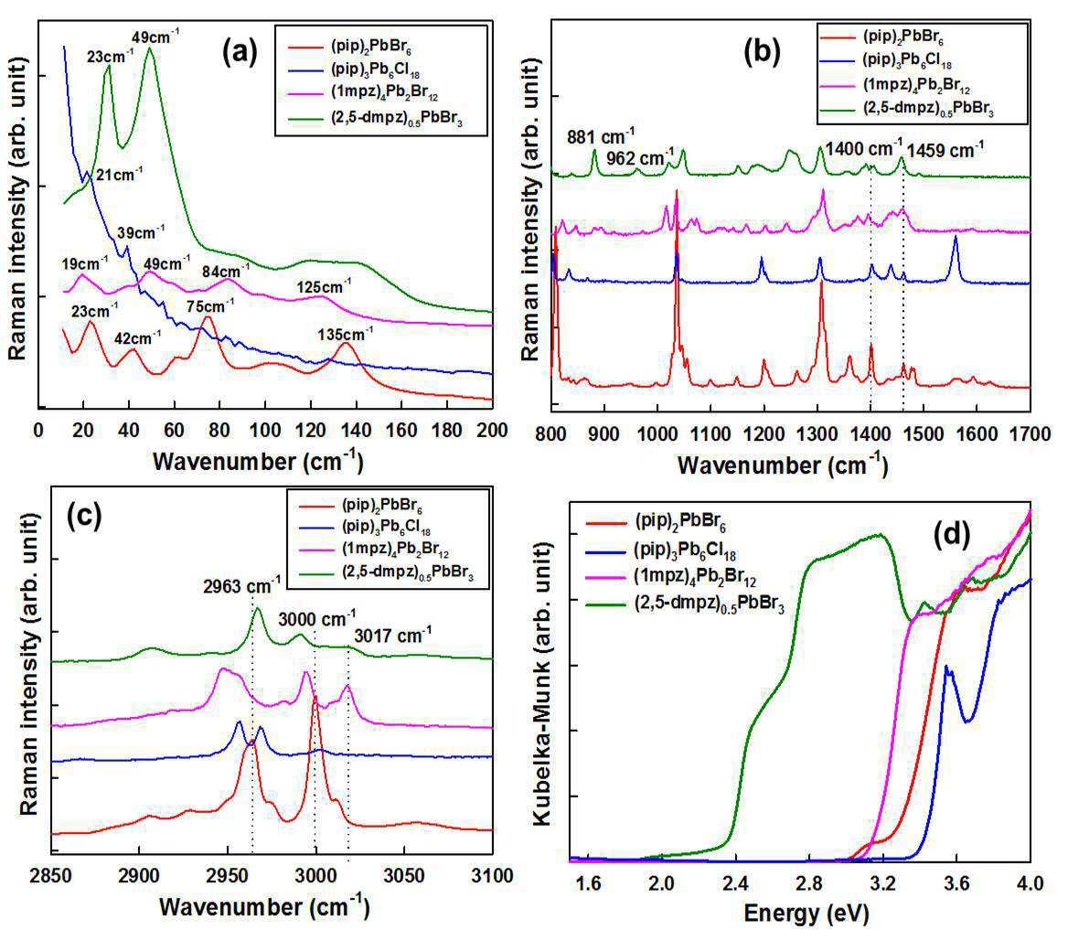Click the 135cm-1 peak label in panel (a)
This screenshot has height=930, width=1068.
[x=346, y=334]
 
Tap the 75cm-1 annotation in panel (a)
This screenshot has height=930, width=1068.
[x=210, y=305]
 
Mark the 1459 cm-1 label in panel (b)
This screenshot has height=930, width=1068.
[x=945, y=149]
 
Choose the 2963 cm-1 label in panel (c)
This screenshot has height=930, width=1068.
[x=241, y=584]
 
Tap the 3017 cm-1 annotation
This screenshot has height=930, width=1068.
[x=392, y=636]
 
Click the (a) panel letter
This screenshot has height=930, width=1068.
[x=240, y=52]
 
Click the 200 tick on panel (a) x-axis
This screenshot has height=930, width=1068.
[x=492, y=430]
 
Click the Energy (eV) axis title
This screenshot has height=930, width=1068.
[x=806, y=913]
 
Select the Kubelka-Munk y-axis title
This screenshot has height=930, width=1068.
[x=542, y=684]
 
